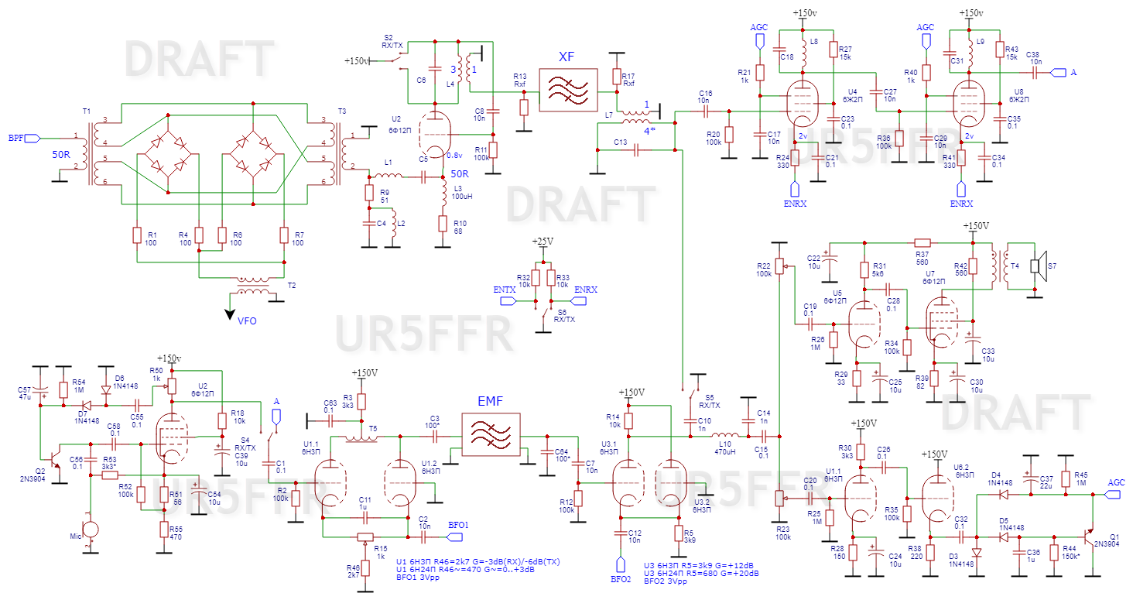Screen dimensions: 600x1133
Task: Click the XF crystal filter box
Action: (568, 91)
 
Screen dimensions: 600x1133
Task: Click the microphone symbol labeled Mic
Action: (91, 531)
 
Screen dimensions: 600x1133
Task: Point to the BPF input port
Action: (32, 138)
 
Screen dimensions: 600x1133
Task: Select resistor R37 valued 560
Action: (921, 242)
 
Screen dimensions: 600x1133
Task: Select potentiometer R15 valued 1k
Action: (365, 536)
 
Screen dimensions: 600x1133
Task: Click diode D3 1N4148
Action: (976, 553)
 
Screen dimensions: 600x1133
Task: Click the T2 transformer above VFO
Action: (254, 286)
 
